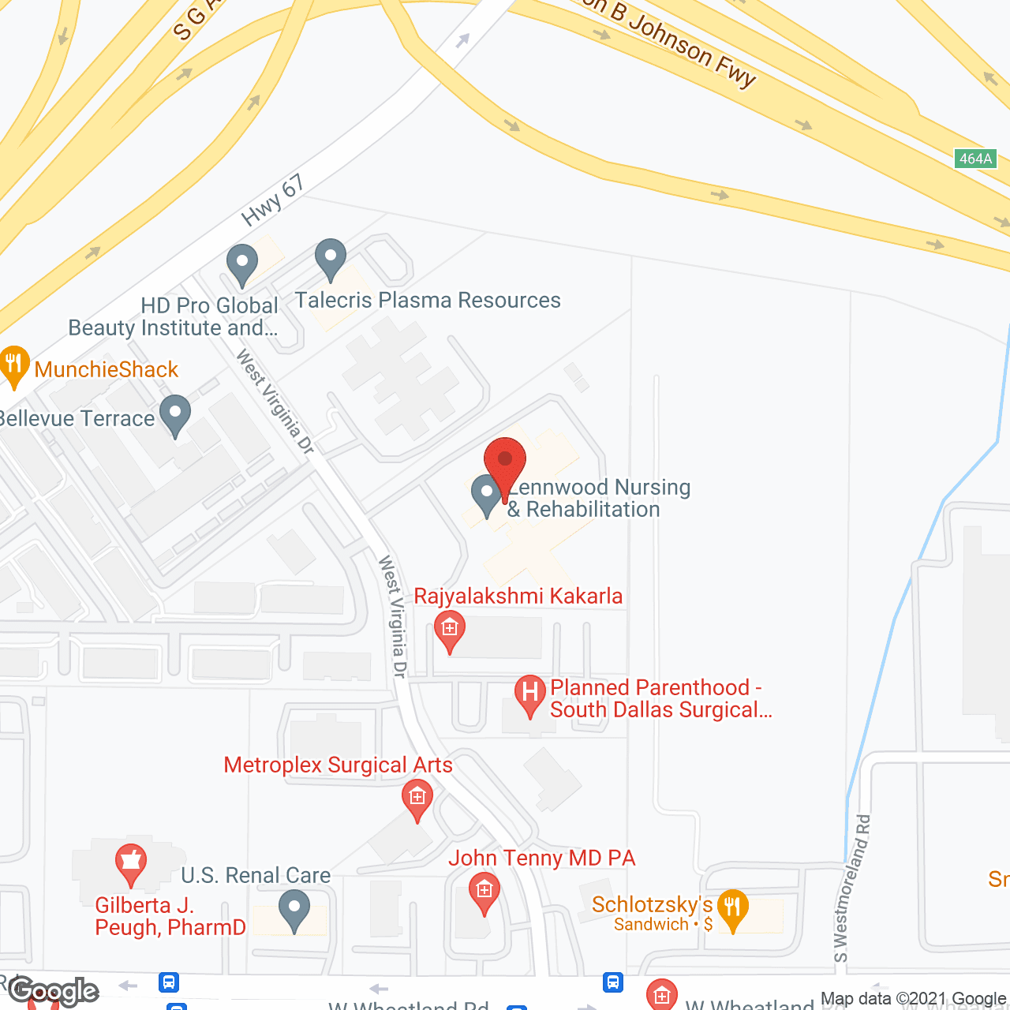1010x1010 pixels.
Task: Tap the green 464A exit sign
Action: tap(975, 159)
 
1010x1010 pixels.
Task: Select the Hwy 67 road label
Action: tap(273, 200)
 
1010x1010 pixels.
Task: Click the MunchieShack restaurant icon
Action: tap(13, 365)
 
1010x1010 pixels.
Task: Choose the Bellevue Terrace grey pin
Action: tap(175, 413)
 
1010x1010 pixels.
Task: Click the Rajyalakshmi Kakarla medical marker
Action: tap(450, 629)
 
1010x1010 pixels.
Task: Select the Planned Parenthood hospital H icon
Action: tap(530, 694)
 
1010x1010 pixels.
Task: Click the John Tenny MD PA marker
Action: tap(484, 890)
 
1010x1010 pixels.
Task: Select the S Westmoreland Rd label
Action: tap(852, 888)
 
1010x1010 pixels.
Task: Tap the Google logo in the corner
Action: tap(54, 991)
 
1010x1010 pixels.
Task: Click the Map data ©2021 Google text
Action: tap(913, 999)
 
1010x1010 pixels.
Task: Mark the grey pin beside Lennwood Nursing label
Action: tap(487, 493)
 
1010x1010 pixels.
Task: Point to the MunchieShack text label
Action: tap(107, 369)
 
